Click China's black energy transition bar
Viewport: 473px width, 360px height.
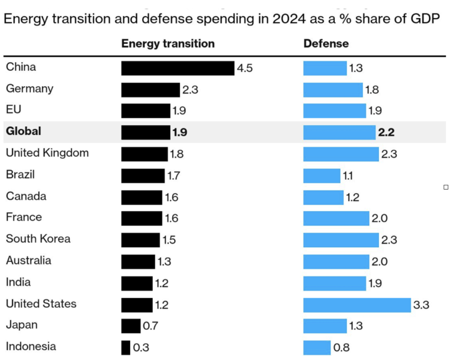click(178, 68)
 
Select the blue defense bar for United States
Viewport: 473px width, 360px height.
click(357, 305)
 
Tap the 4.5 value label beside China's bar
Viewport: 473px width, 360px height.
click(245, 68)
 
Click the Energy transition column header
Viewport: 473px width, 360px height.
click(168, 44)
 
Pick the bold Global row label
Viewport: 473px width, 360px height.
click(24, 131)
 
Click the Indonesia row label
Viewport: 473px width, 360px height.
click(31, 347)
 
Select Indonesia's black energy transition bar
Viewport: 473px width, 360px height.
click(126, 348)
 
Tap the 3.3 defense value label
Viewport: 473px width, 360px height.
click(421, 305)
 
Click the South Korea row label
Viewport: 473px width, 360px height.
click(38, 239)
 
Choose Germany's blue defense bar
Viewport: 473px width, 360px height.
click(333, 90)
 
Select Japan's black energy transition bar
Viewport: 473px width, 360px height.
click(131, 326)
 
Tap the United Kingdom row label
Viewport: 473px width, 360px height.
click(47, 153)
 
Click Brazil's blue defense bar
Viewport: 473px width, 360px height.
click(321, 176)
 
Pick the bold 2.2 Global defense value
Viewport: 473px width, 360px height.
click(386, 133)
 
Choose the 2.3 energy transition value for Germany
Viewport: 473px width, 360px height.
click(190, 90)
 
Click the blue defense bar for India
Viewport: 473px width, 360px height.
click(334, 283)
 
